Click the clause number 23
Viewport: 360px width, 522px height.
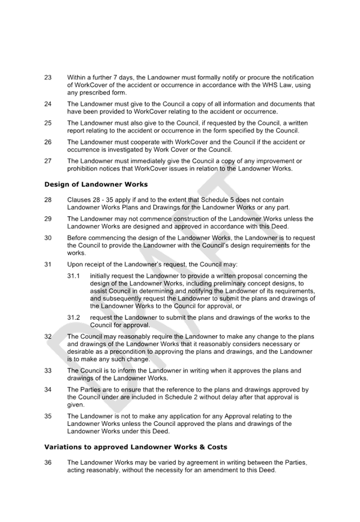(x=48, y=78)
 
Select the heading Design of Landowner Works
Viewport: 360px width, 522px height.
(x=96, y=184)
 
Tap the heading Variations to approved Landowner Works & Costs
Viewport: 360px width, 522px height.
(x=136, y=447)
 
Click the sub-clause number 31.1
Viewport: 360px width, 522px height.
(x=73, y=276)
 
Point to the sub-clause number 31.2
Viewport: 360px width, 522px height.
(x=73, y=318)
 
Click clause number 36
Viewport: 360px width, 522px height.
(x=48, y=462)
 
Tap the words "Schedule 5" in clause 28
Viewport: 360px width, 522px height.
(x=216, y=200)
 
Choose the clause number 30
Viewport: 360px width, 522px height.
(x=48, y=238)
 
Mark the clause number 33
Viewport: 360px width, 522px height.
(x=48, y=371)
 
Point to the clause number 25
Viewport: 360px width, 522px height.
(x=48, y=123)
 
